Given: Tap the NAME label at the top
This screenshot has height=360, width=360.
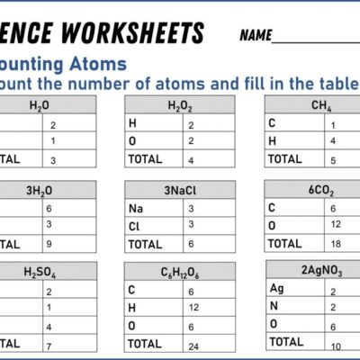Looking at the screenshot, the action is [256, 36].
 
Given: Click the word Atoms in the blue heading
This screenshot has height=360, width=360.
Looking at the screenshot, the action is [96, 65].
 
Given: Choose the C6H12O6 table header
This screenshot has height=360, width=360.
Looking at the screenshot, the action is [180, 273].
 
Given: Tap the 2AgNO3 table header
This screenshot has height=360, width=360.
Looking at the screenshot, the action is [320, 271].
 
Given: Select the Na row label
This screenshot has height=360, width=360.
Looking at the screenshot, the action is [135, 208].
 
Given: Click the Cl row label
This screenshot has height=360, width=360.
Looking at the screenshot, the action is [134, 226].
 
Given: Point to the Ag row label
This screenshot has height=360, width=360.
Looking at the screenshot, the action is [276, 288].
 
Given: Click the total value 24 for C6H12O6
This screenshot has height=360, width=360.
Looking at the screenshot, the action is [193, 344].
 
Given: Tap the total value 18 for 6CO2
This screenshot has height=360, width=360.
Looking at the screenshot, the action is [335, 243].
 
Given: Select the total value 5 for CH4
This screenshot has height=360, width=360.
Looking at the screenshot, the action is [333, 159].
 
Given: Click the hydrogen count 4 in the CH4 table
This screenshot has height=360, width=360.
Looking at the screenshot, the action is [333, 141].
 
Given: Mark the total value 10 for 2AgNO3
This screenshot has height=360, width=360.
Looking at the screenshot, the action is [334, 346].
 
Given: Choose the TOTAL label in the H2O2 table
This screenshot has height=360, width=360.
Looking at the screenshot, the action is [145, 159].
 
